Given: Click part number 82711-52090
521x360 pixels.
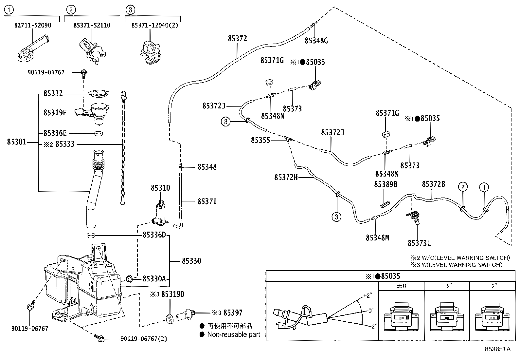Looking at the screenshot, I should tap(33, 25).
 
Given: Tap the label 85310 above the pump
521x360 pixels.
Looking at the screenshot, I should tap(160, 188).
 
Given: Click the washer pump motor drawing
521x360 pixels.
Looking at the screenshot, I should tap(160, 215).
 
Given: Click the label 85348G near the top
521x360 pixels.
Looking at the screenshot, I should tap(316, 41).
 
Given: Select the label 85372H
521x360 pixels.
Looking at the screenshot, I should tap(286, 178).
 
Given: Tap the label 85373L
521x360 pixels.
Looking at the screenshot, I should tap(419, 243).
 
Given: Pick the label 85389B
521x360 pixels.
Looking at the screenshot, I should tap(386, 185).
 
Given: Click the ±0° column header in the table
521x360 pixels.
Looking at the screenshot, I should tap(401, 286).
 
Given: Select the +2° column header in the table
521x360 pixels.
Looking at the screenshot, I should tap(492, 286).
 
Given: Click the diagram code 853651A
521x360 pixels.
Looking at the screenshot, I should tap(497, 349).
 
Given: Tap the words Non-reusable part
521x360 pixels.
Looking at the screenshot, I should tap(234, 334).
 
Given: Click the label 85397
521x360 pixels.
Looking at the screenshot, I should tap(233, 313).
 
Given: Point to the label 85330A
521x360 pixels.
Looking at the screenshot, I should tap(154, 279).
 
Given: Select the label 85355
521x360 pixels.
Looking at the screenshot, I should tap(260, 140).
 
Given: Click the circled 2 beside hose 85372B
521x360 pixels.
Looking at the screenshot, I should tap(463, 187).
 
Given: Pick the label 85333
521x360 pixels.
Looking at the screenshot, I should tap(65, 144).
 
